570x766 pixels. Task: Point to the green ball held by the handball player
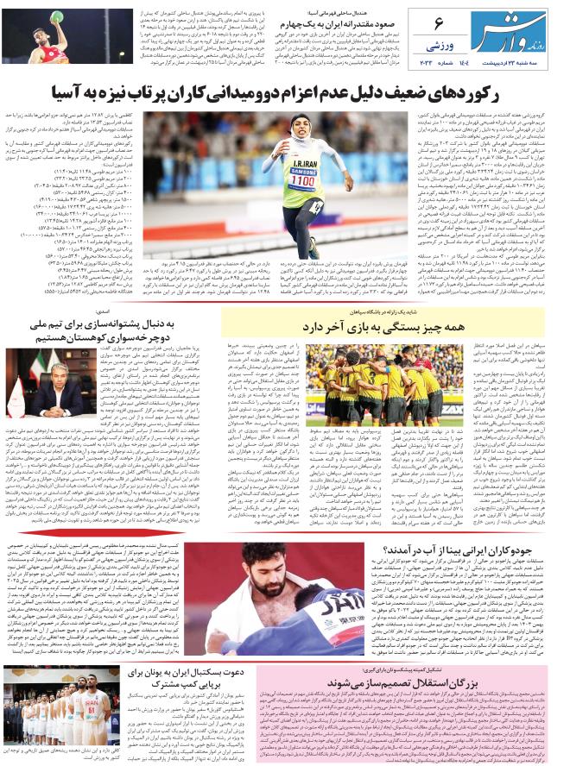pyautogui.click(x=58, y=16)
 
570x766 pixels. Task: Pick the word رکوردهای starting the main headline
pyautogui.click(x=513, y=92)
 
